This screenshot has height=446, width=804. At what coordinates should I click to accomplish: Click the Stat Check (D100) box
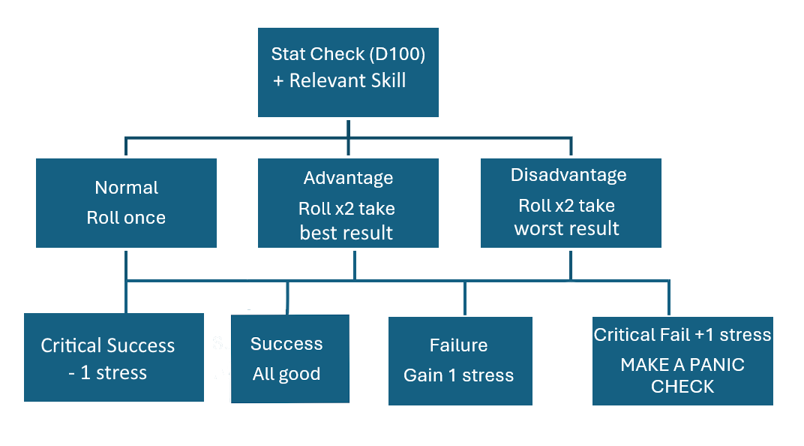(x=348, y=72)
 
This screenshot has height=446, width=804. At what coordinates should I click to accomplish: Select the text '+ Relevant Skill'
(x=339, y=81)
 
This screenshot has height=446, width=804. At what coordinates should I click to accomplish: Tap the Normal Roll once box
(x=126, y=203)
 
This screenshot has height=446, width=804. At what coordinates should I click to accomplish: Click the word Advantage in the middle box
(x=348, y=178)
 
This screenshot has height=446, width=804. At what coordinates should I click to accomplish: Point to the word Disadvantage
(x=568, y=175)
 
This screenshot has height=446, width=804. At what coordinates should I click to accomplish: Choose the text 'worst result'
(x=567, y=229)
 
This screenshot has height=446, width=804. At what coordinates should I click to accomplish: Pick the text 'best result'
(x=346, y=233)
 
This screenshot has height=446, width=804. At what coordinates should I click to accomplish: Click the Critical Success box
(x=114, y=357)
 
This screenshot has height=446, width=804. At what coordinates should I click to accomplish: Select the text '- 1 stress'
(x=108, y=373)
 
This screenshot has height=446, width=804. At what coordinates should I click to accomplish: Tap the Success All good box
(x=290, y=359)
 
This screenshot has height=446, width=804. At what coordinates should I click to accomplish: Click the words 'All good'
(x=286, y=374)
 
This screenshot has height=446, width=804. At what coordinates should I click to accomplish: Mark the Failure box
(x=460, y=360)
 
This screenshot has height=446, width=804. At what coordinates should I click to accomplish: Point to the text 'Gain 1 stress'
(x=459, y=375)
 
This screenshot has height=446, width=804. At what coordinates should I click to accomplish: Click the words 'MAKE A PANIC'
(x=682, y=365)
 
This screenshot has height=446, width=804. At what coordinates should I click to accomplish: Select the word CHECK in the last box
(x=682, y=387)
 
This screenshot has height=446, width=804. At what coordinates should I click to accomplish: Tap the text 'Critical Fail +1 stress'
(x=682, y=335)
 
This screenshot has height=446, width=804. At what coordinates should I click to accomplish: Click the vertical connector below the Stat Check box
(x=348, y=127)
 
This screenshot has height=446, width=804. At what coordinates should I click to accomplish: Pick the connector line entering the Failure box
(x=464, y=299)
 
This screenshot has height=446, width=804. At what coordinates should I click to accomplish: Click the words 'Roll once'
(x=126, y=218)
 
